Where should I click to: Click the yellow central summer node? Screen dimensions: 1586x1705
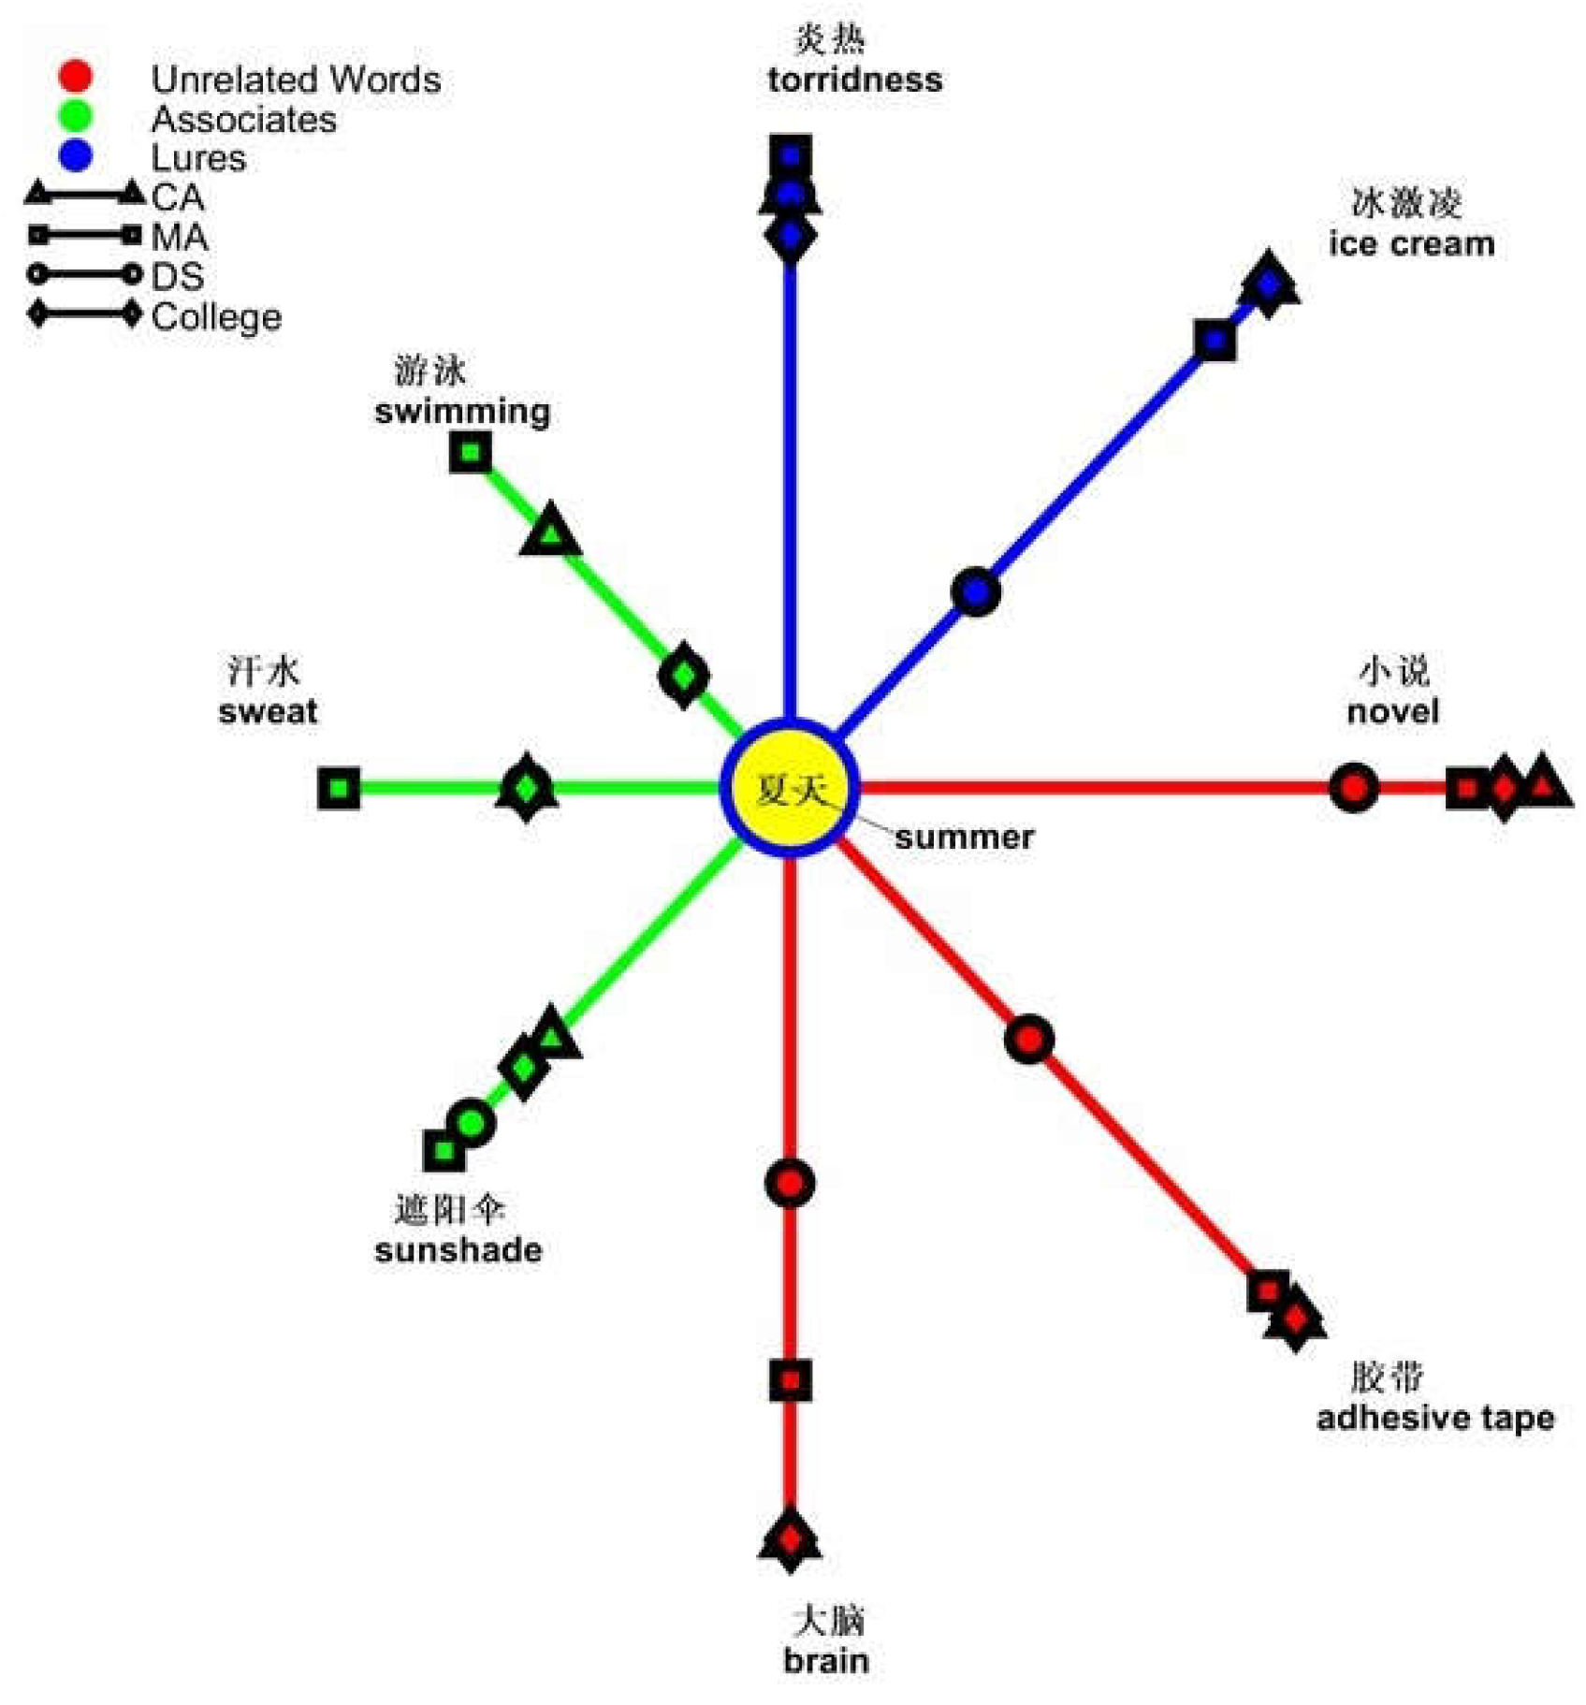[790, 788]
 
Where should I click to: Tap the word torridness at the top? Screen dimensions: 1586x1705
[854, 80]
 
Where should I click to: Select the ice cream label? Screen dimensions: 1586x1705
[1411, 243]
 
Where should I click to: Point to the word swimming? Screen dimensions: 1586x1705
[462, 411]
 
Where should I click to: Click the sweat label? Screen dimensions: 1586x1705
[268, 711]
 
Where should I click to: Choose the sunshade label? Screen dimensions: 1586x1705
[458, 1250]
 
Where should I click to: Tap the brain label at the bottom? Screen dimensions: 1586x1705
[826, 1661]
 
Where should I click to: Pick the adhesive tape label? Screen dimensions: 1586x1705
[1434, 1418]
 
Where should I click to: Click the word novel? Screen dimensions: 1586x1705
[1392, 711]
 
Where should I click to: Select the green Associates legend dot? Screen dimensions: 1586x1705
[75, 116]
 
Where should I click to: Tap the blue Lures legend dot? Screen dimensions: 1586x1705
[75, 155]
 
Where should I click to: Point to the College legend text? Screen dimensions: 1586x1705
[216, 317]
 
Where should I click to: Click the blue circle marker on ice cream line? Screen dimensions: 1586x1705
[976, 591]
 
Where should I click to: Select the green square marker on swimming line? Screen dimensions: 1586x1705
[470, 453]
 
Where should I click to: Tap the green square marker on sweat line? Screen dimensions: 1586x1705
[339, 788]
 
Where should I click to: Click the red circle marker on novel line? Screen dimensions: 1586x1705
[1353, 788]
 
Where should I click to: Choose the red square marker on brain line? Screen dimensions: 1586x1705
[791, 1380]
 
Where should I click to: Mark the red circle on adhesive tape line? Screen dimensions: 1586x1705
[1028, 1040]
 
